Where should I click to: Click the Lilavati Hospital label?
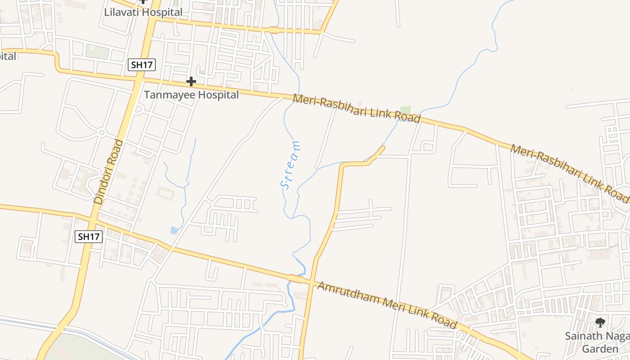143,12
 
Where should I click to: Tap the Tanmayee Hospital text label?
191,95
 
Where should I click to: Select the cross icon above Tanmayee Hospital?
191,81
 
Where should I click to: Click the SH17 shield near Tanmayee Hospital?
141,65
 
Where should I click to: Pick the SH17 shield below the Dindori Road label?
89,236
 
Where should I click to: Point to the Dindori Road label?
108,172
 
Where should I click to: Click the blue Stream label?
291,165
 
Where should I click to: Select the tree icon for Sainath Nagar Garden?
600,322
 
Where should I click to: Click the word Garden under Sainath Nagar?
600,349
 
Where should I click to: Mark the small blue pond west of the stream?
174,230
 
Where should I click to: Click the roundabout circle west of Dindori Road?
102,132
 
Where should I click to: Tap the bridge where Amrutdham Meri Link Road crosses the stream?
296,279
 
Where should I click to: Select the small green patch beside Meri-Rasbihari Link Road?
405,110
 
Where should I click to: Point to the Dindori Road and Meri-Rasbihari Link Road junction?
138,79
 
